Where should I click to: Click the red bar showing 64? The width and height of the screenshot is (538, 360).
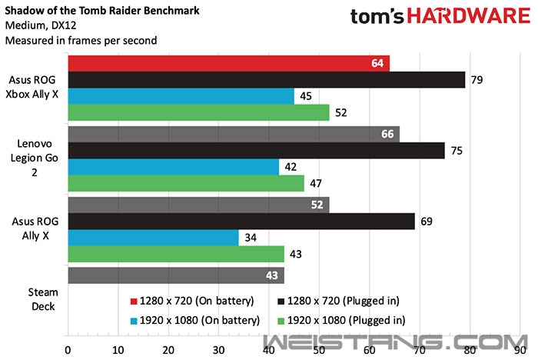[228, 63]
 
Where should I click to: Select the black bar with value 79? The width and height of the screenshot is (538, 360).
[266, 80]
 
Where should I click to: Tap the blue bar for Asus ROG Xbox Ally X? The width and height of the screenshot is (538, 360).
[181, 96]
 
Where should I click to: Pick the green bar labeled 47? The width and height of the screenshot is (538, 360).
[186, 183]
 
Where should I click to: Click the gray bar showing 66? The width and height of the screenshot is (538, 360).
[234, 134]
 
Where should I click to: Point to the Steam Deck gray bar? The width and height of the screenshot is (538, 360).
[176, 275]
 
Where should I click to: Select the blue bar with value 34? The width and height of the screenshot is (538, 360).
[153, 237]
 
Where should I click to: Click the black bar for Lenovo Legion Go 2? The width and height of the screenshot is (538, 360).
[256, 151]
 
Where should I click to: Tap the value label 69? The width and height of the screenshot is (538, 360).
[427, 222]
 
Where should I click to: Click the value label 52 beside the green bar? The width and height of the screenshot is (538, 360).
[341, 113]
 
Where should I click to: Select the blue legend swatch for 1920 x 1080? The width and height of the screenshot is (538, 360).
[133, 318]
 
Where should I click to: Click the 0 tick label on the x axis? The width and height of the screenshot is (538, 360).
[68, 348]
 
